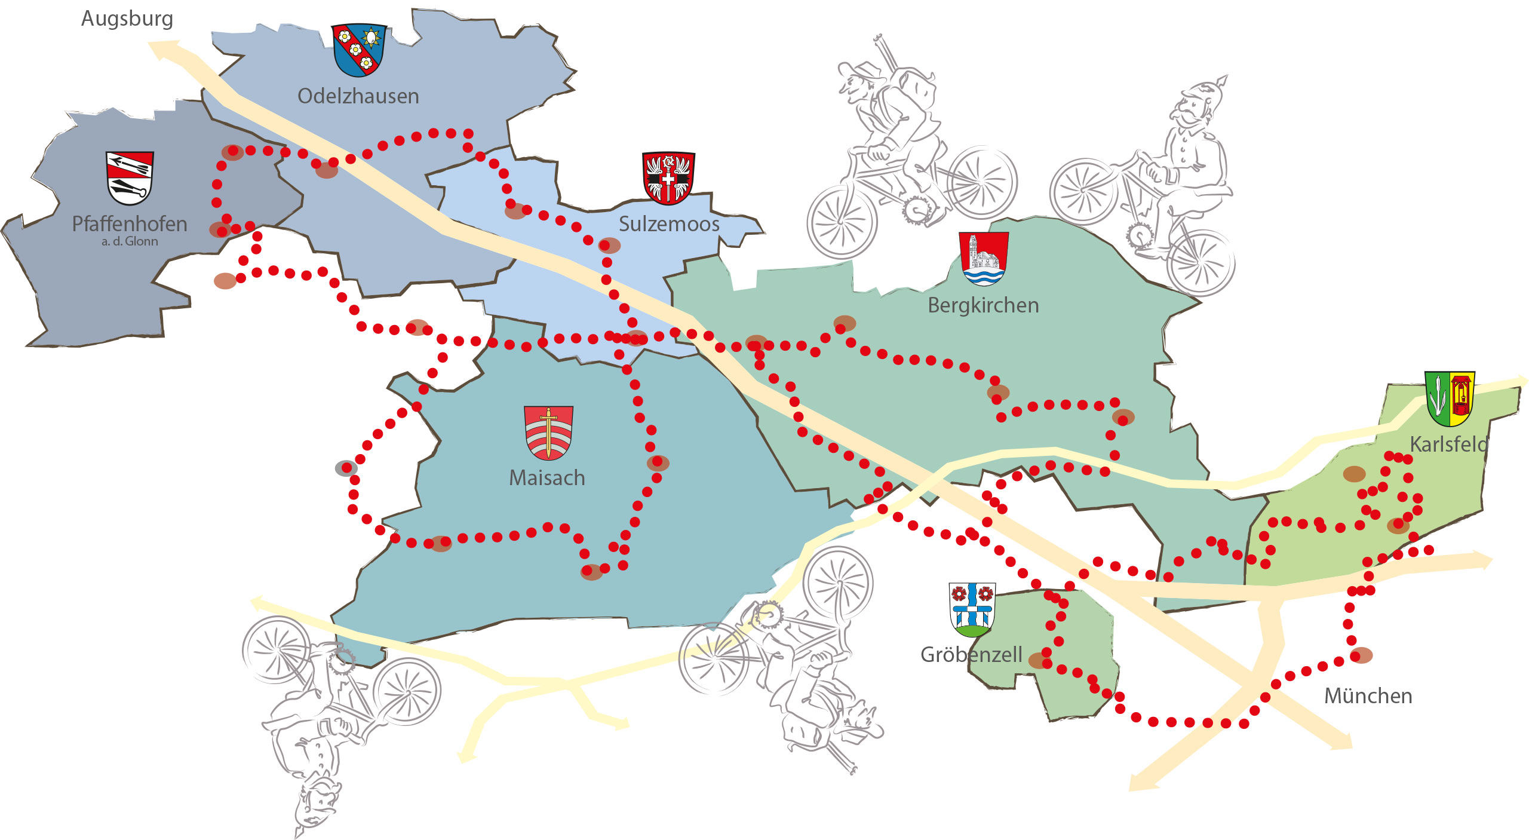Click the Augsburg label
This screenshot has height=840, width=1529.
pyautogui.click(x=127, y=19)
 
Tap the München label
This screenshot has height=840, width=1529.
pyautogui.click(x=1368, y=696)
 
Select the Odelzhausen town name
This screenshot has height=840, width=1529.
pyautogui.click(x=358, y=96)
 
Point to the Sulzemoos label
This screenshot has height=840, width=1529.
pyautogui.click(x=669, y=224)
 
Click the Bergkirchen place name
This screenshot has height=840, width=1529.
pyautogui.click(x=983, y=305)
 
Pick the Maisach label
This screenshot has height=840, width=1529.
pyautogui.click(x=546, y=478)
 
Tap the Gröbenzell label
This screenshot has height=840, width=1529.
pyautogui.click(x=971, y=655)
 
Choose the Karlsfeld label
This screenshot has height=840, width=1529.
pyautogui.click(x=1448, y=444)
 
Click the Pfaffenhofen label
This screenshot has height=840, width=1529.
pyautogui.click(x=130, y=224)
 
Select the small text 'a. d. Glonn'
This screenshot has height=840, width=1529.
pyautogui.click(x=130, y=241)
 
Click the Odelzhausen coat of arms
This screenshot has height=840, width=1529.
pyautogui.click(x=359, y=50)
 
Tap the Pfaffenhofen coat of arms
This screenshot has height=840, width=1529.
pyautogui.click(x=130, y=177)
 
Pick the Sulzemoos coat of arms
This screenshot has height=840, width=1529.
pyautogui.click(x=668, y=177)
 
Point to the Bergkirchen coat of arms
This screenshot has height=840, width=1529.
pyautogui.click(x=983, y=258)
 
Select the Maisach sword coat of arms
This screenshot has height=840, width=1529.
pyautogui.click(x=548, y=433)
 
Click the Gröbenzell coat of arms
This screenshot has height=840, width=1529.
pyautogui.click(x=972, y=609)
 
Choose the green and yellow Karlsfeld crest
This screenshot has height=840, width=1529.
pyautogui.click(x=1450, y=398)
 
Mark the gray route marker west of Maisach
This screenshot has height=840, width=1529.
pyautogui.click(x=346, y=468)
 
